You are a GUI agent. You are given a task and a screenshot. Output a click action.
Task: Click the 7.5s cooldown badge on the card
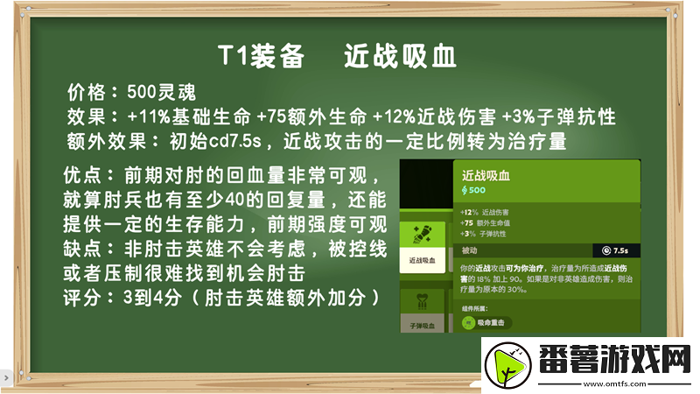[616, 250]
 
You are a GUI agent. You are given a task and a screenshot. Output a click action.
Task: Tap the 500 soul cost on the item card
[473, 190]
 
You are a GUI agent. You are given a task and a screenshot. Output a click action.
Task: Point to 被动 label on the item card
[471, 250]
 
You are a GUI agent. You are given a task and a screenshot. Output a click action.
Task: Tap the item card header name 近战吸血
[486, 175]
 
